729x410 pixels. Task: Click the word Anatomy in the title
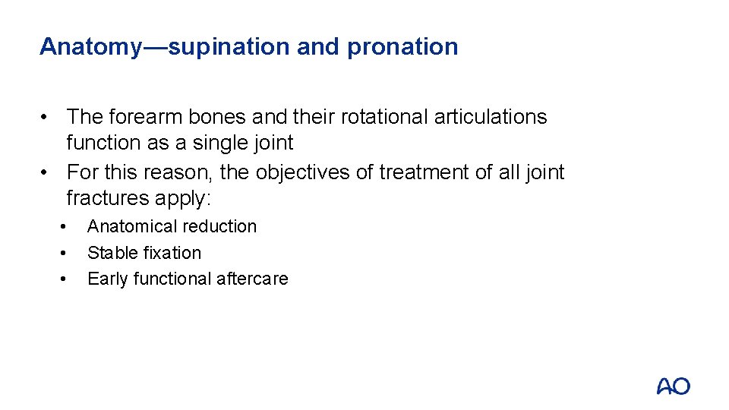(90, 47)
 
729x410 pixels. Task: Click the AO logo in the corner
(674, 386)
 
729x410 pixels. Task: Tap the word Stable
(108, 253)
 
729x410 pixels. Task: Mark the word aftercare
(252, 279)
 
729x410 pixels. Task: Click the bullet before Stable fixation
(65, 253)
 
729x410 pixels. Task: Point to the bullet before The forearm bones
(47, 117)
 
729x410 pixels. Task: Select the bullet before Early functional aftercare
(65, 279)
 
